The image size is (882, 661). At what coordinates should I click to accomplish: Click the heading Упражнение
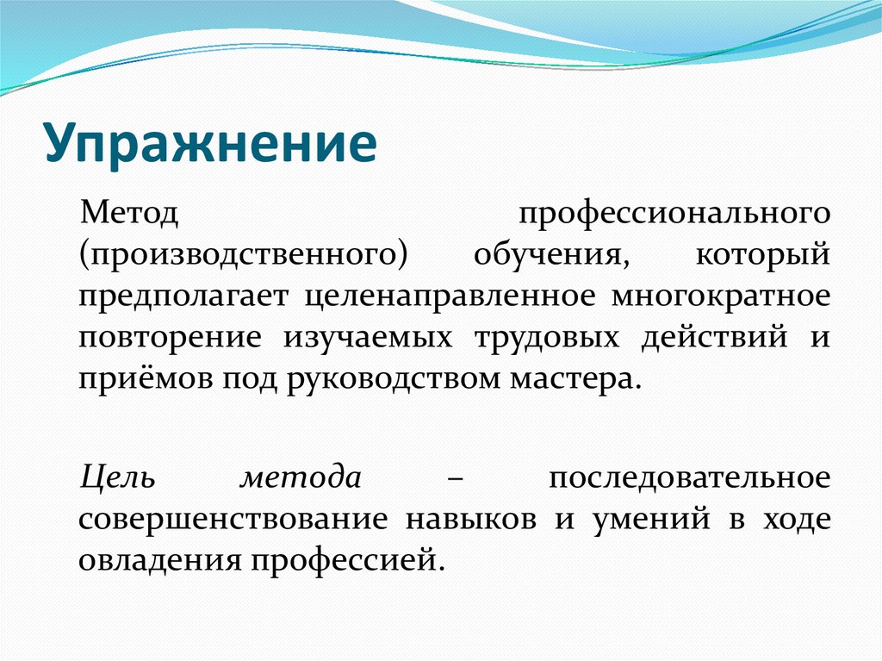[x=211, y=143]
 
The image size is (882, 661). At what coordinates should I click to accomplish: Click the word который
[x=762, y=256]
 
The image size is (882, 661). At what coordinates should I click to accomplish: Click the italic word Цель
[x=116, y=477]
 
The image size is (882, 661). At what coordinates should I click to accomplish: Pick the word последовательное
[x=689, y=477]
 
